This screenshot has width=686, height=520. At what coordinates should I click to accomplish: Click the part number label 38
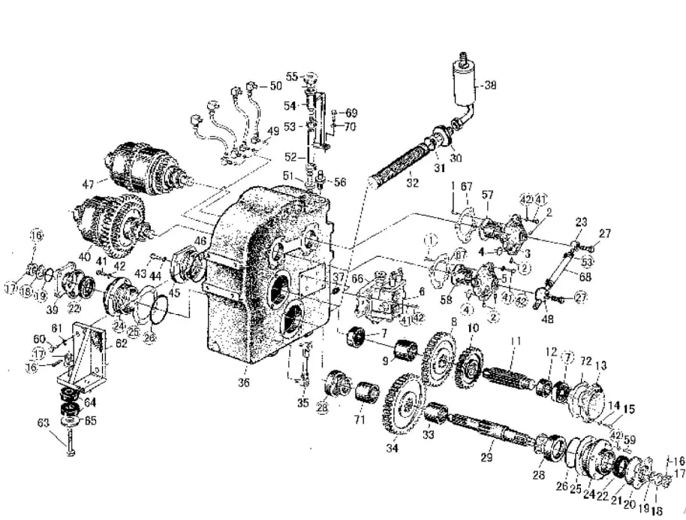491,85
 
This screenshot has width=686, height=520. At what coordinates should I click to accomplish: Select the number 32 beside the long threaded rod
412,182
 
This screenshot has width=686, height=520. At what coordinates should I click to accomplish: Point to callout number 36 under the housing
243,382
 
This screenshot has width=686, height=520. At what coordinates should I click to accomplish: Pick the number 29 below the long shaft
486,457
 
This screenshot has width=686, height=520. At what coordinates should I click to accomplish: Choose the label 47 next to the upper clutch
89,183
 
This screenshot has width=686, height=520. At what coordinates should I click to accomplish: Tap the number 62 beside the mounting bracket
120,346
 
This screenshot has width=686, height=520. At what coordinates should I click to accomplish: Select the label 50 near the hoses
275,86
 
